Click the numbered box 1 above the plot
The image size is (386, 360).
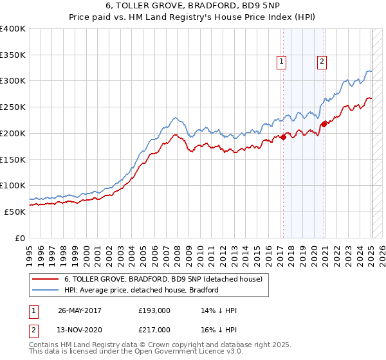pos(282,62)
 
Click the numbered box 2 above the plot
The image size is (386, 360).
pos(321,62)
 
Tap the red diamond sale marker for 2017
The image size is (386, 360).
pos(283,136)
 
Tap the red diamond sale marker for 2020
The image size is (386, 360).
pos(324,124)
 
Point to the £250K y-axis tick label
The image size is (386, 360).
pos(13,107)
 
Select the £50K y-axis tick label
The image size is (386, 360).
pos(15,212)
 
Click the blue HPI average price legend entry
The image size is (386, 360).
pos(142,290)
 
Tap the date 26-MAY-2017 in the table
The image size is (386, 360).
pos(79,310)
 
